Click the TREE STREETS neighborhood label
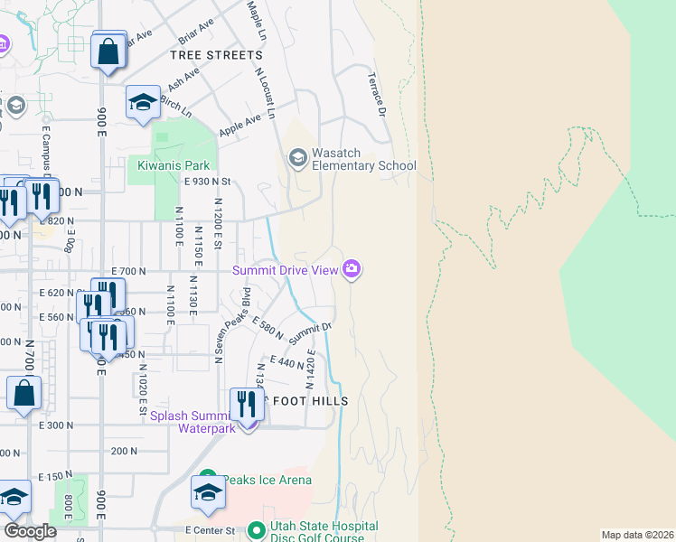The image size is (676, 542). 216,55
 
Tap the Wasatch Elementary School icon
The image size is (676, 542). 297,159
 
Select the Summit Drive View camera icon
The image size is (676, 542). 352,269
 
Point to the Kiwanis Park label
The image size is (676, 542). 174,165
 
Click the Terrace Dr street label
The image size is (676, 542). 376,95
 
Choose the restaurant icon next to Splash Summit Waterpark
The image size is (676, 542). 246,404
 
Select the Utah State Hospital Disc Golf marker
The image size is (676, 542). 257,529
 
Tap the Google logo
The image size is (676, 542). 30,531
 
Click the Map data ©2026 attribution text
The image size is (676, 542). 636,535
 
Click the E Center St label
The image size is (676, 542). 210,530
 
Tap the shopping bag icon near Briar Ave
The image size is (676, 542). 108,51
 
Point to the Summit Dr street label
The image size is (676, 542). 310,333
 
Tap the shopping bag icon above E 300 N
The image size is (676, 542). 23,393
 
